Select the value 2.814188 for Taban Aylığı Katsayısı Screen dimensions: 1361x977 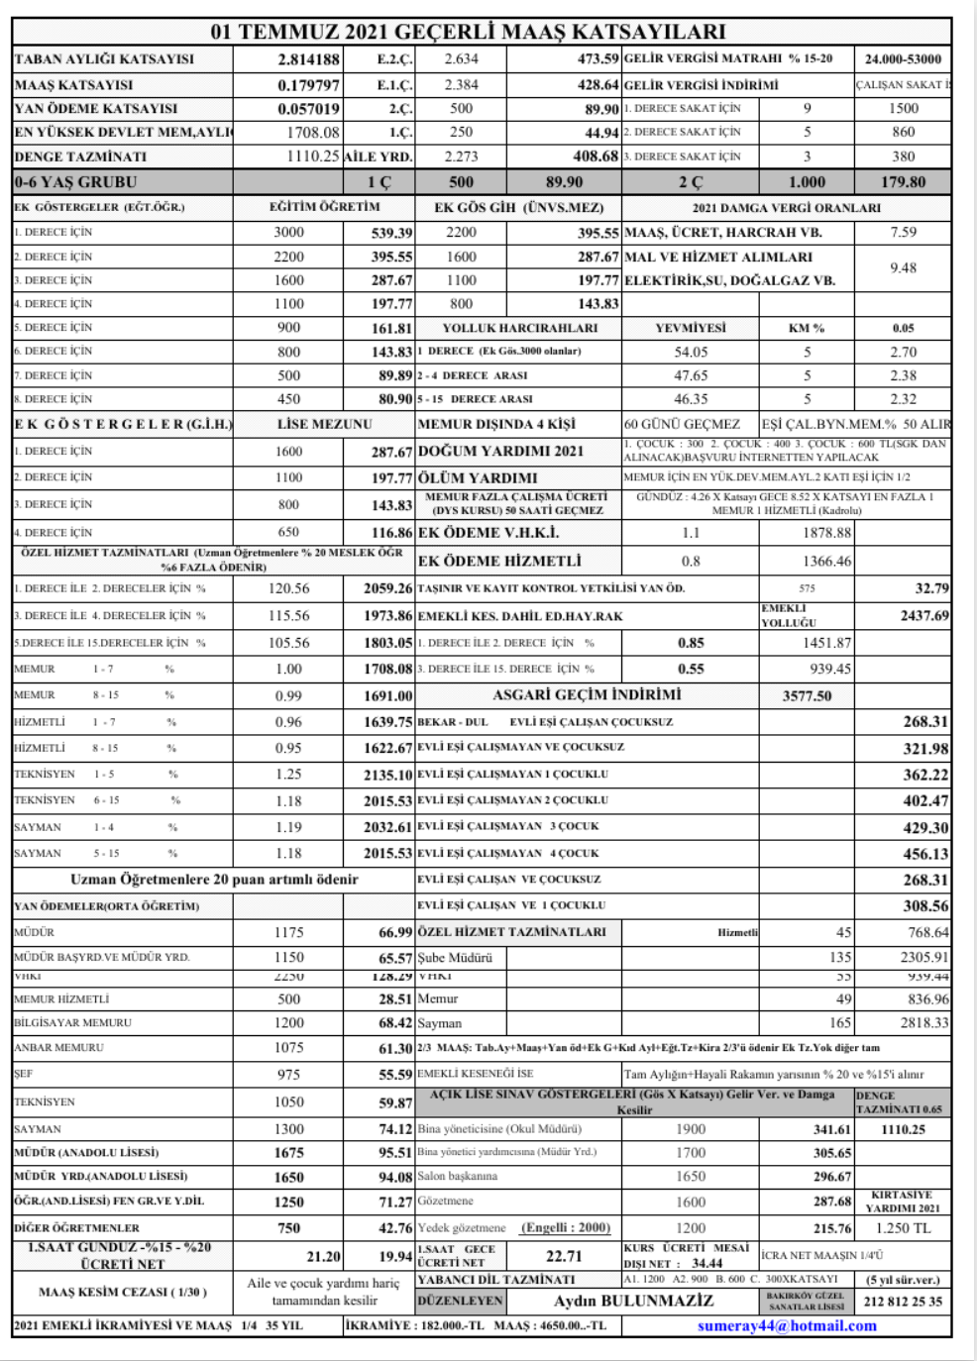point(308,59)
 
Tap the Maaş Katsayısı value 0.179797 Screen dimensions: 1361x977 point(308,85)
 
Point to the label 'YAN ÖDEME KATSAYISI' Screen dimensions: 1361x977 point(96,109)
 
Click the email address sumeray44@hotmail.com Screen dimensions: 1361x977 point(787,1325)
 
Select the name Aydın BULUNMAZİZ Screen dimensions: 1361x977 point(633,1301)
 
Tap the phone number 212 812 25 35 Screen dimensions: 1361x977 point(903,1301)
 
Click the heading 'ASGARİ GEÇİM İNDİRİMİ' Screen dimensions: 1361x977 point(587,694)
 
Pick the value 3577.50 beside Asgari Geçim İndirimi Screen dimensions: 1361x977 point(807,695)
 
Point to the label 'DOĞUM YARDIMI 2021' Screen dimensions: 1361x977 point(500,451)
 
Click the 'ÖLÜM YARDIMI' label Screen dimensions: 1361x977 point(478,477)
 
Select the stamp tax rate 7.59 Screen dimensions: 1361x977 point(903,232)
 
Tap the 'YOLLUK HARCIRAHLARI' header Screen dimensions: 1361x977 point(520,328)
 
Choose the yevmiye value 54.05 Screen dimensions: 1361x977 point(691,352)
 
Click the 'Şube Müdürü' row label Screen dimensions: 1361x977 point(455,958)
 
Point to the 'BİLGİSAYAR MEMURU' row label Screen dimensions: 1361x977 point(72,1022)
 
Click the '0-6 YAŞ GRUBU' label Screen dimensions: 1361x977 point(76,182)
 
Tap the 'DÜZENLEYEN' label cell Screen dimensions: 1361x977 point(460,1301)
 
